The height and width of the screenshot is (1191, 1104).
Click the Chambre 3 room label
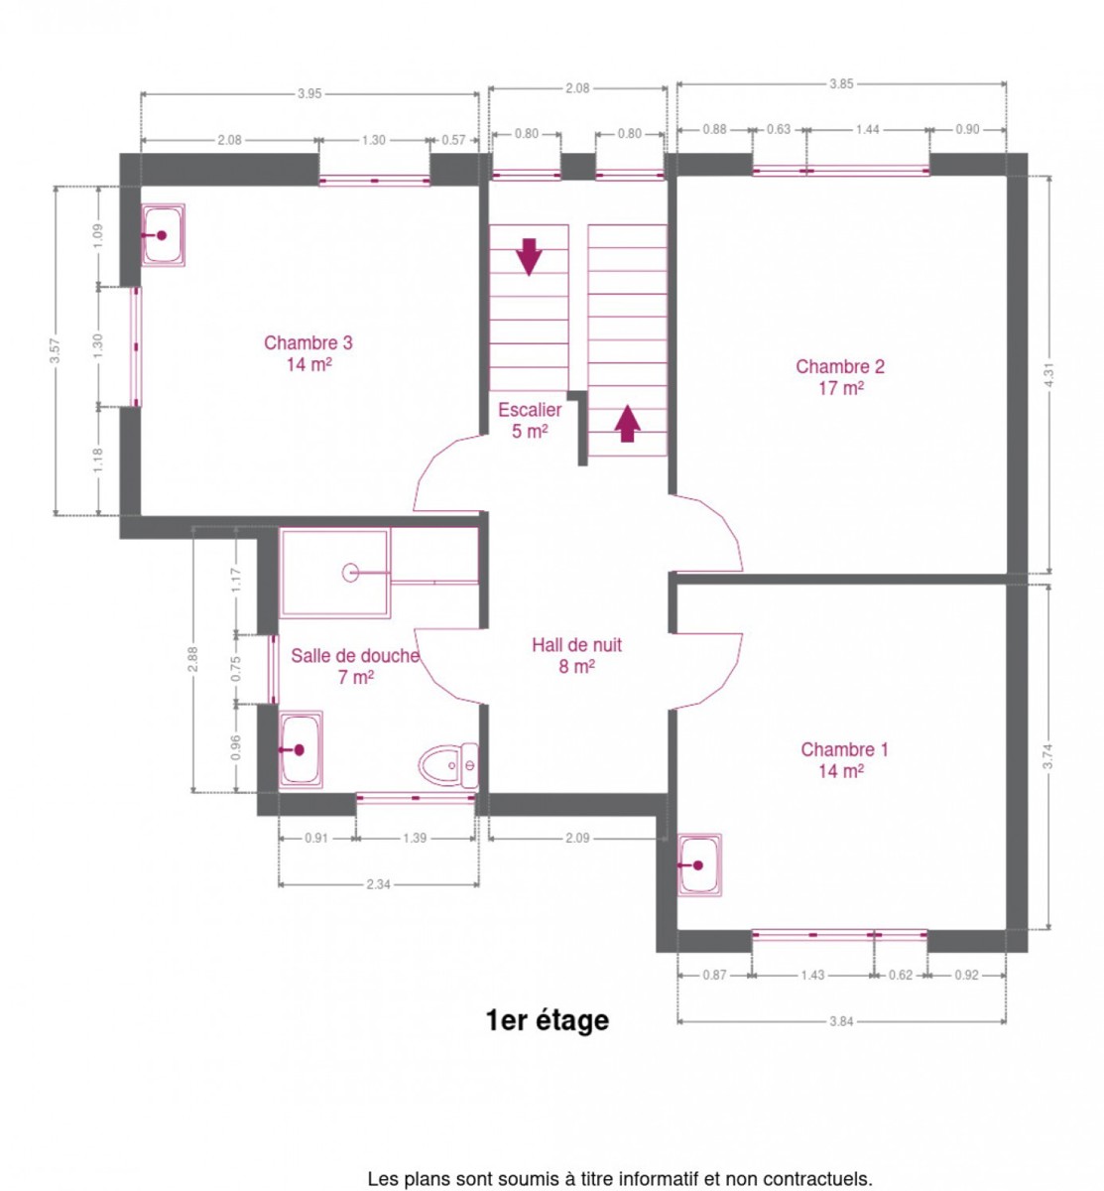coord(308,353)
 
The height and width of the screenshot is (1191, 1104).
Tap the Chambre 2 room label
coord(840,376)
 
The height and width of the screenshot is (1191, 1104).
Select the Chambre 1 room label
coord(844,760)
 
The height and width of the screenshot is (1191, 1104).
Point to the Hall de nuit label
coord(576,655)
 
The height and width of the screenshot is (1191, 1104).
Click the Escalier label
coord(530,420)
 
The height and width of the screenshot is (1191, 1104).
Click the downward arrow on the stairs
coord(529,257)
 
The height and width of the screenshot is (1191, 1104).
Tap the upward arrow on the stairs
coord(627,424)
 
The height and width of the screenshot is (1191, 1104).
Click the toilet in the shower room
coord(447,764)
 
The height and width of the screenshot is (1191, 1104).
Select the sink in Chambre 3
coord(163,235)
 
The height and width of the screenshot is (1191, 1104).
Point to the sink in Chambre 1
coord(699,864)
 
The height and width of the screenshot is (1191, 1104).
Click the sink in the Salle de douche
coord(301,749)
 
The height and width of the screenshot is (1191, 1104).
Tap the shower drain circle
coord(350,573)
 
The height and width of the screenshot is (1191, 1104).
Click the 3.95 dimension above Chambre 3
coord(309,93)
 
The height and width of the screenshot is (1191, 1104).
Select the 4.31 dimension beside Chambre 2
coord(1048,375)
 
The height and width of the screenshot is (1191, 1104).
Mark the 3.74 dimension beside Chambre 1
coord(1047,757)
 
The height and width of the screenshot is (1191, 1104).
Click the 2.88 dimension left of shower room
coord(192,659)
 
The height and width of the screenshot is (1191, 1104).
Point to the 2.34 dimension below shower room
coord(378,884)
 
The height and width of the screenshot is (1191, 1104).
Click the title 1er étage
coord(548,1019)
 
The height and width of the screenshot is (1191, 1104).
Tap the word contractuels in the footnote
coord(817,1178)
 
